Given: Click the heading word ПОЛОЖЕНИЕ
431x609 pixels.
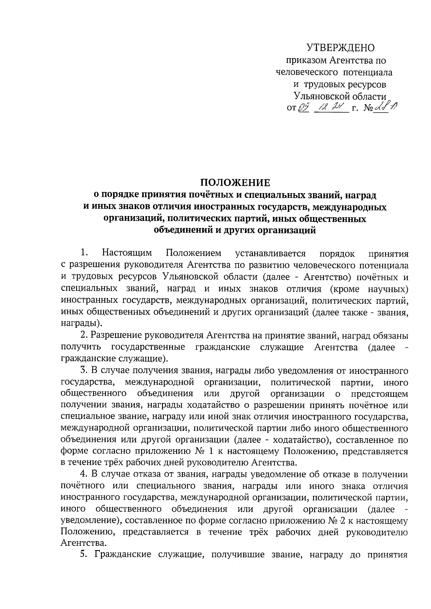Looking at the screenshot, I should [x=235, y=183].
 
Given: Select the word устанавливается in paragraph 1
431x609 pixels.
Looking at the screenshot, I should [x=270, y=254].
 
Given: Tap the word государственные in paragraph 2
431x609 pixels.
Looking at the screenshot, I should [x=148, y=347].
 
